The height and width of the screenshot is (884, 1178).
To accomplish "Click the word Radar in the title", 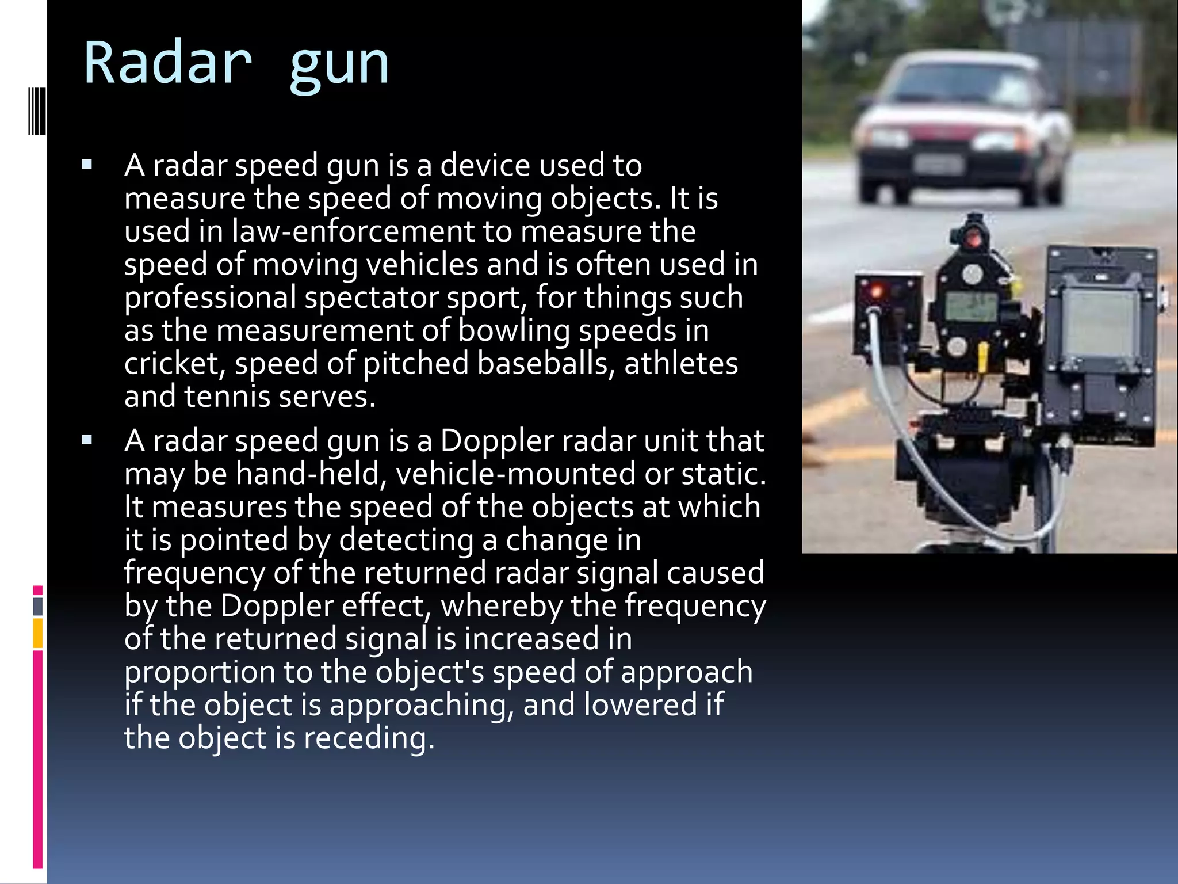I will coord(167,62).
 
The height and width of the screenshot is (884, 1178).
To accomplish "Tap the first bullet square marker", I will coord(87,166).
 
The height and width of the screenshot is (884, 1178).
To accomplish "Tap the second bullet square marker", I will coord(87,441).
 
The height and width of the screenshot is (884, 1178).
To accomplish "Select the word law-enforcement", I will coord(353,231).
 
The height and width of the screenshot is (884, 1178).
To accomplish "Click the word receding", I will coord(368,738).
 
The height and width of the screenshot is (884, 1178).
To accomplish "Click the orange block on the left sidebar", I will coord(37,633).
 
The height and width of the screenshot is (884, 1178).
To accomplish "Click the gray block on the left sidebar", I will coord(37,606).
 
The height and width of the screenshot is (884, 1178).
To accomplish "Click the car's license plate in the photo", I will coord(938,164).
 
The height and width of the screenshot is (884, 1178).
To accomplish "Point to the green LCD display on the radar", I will coord(971,306).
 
